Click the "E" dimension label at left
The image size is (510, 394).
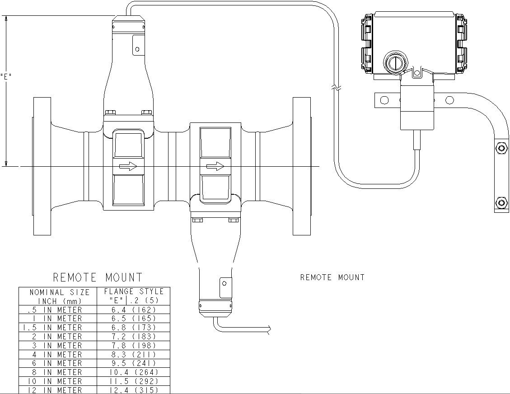pos(6,76)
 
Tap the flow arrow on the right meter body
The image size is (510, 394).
pos(215,167)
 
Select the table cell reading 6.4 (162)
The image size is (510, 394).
pos(134,310)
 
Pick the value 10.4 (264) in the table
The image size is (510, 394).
pos(134,372)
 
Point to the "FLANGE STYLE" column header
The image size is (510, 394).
pos(134,291)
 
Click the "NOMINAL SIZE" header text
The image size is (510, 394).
pos(60,292)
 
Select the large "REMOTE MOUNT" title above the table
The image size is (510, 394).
pos(98,277)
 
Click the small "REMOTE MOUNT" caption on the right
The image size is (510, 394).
pos(332,277)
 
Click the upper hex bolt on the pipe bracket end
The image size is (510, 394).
pos(500,148)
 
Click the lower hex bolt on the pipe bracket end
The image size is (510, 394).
pos(500,202)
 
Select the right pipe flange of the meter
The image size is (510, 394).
pos(302,166)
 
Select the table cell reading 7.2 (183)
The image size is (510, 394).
pos(134,337)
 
